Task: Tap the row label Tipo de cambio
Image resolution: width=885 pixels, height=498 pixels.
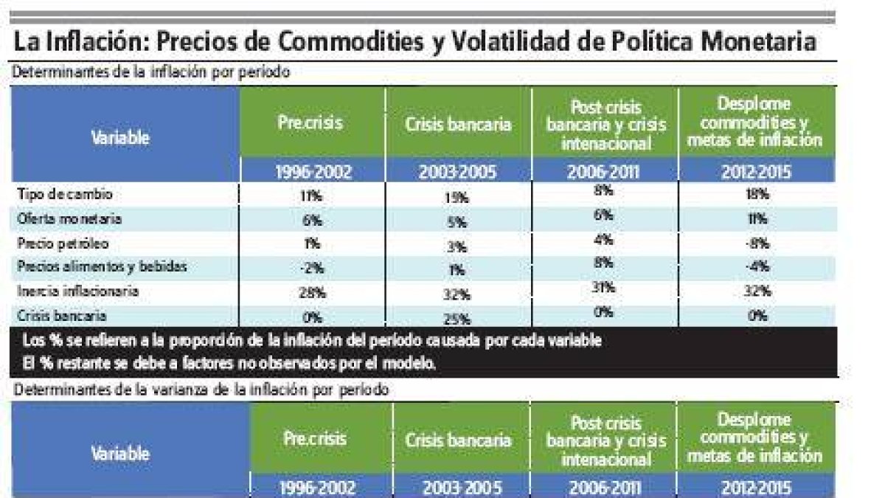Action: (66, 194)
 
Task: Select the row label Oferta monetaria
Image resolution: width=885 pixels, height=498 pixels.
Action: (69, 219)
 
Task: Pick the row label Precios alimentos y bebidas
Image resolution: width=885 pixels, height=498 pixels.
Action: (103, 267)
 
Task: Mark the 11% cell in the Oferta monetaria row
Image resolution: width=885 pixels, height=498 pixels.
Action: (756, 219)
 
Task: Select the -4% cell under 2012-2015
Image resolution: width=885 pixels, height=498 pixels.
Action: (756, 267)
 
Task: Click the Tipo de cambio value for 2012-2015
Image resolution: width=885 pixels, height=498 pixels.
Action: (756, 194)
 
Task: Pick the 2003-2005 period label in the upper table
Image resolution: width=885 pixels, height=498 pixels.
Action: (457, 174)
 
